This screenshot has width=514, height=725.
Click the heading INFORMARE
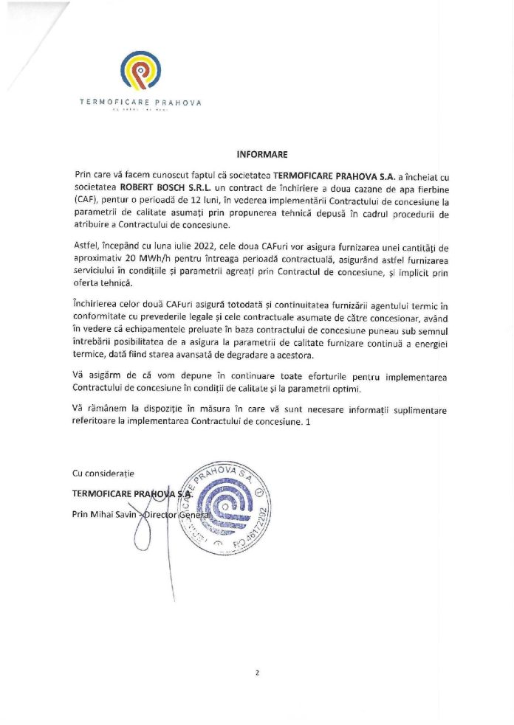(x=257, y=155)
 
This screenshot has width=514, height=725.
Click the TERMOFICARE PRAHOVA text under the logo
(x=140, y=103)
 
